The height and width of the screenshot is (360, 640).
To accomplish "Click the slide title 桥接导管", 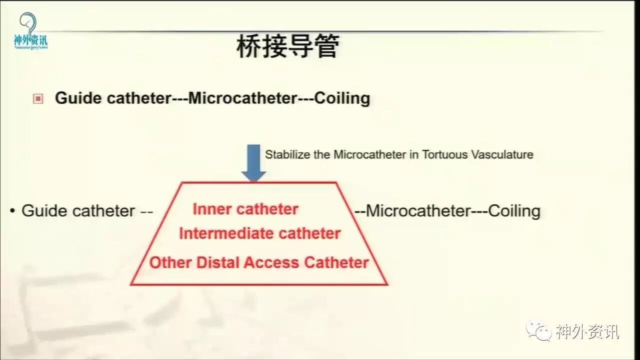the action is [287, 46].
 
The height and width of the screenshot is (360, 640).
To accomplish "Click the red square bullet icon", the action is [38, 98].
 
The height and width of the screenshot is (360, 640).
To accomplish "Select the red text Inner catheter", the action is [245, 209].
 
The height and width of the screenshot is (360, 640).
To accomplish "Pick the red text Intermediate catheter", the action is [259, 233].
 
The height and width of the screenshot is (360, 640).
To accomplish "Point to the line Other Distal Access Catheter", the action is [259, 262].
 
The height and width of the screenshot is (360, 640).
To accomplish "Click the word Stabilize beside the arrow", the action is [288, 154].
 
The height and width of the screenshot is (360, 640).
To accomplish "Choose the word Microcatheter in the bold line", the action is [242, 98].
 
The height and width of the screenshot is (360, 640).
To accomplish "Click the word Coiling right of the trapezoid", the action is [514, 210].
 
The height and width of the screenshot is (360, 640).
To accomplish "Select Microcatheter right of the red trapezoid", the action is [418, 210].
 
